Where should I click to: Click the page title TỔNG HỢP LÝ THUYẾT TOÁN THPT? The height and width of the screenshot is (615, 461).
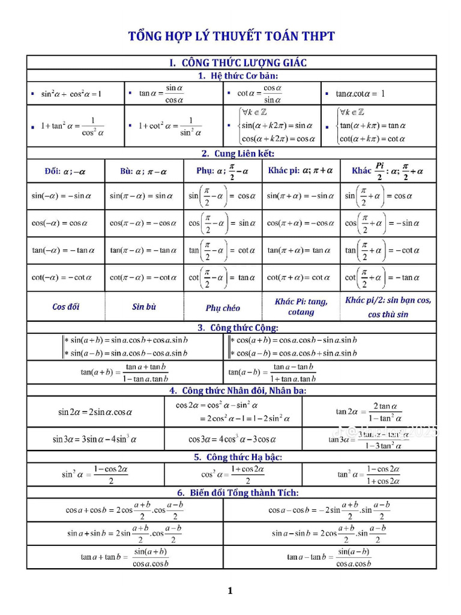tap(231, 37)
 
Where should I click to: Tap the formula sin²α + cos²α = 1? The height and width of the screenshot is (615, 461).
tap(71, 94)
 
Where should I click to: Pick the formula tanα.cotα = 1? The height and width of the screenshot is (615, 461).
tap(361, 94)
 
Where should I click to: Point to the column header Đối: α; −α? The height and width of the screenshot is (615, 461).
tap(65, 171)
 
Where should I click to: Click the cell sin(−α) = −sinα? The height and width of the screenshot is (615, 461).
tap(61, 195)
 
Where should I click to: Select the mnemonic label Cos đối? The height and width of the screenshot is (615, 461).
tap(66, 307)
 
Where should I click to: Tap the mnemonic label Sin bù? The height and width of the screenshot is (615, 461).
tap(144, 307)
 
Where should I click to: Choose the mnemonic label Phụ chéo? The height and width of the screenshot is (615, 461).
tap(223, 308)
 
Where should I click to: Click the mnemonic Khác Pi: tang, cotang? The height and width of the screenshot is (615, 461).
tap(301, 307)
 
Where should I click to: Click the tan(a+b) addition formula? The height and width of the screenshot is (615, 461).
tap(125, 372)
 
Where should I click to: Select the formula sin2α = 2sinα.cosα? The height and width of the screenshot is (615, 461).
tap(95, 412)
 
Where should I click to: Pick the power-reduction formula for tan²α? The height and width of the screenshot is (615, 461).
tap(369, 474)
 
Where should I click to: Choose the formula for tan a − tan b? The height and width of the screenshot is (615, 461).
tap(330, 557)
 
